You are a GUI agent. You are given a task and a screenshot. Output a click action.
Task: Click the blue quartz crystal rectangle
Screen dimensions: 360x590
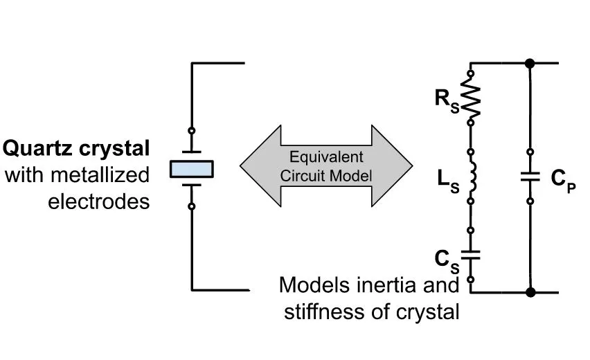point(192,169)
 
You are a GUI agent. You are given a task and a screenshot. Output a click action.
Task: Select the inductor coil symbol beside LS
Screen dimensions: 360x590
point(472,177)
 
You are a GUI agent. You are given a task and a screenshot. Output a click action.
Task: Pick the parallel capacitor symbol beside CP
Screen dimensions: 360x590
point(529,177)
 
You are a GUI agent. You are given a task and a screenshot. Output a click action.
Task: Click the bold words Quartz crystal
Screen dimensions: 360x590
point(77,149)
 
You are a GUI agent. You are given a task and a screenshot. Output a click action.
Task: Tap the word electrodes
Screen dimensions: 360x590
point(99,201)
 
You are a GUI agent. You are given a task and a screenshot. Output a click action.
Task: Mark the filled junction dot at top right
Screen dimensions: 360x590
point(530,64)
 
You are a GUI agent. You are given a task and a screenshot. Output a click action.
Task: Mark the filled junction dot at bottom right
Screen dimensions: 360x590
point(530,292)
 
